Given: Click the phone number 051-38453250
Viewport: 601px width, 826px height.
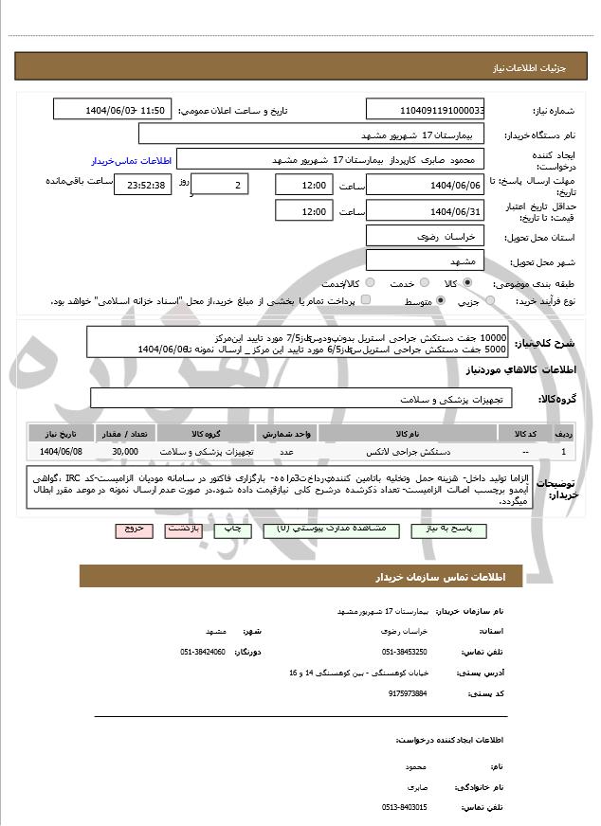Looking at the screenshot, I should click(405, 652).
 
